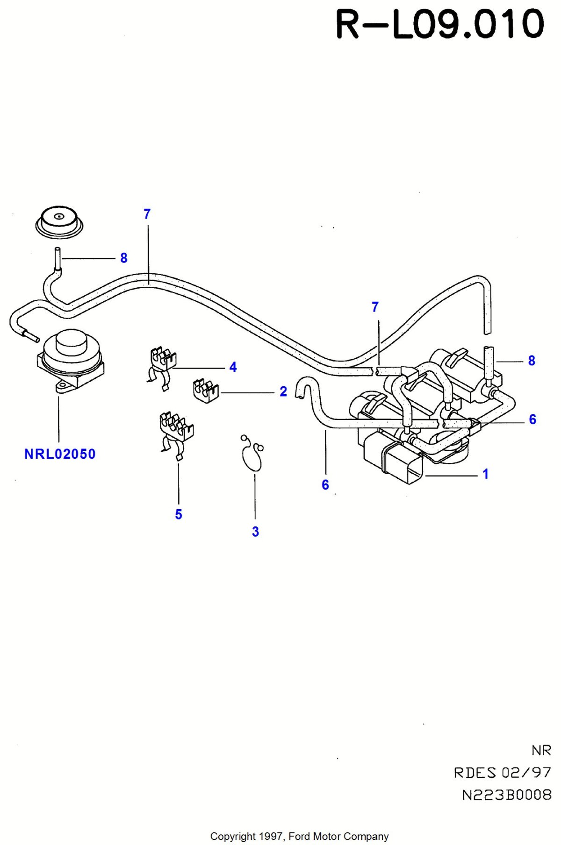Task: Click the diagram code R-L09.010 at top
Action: click(x=440, y=24)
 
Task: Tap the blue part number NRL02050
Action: click(x=60, y=454)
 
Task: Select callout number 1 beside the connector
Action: click(x=486, y=474)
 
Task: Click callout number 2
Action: click(x=283, y=391)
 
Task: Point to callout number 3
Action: click(x=255, y=532)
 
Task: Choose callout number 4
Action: click(x=233, y=367)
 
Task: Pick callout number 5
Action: click(x=179, y=514)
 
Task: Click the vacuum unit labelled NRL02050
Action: click(x=70, y=360)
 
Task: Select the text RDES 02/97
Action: click(x=503, y=773)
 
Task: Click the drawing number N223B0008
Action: click(x=507, y=795)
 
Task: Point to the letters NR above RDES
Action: click(x=541, y=750)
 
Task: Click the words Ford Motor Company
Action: click(x=339, y=836)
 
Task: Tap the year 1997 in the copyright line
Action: click(x=272, y=836)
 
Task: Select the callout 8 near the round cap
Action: click(x=124, y=258)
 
